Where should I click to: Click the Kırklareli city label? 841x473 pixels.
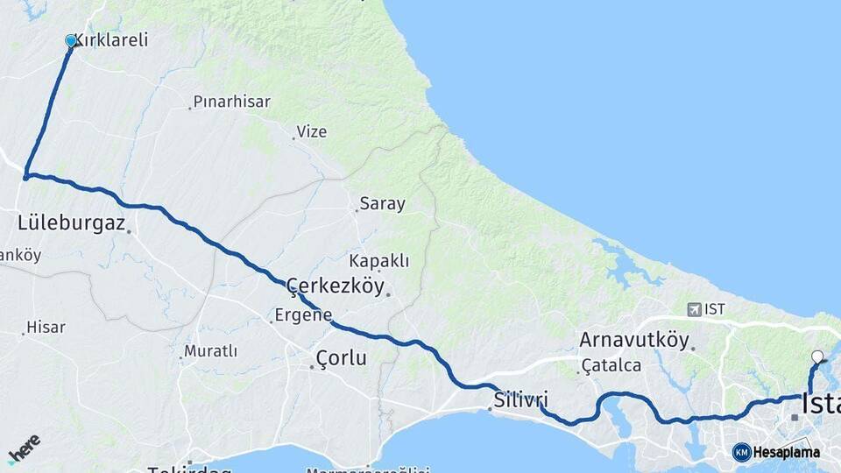coord(111,40)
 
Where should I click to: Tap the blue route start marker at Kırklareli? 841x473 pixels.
coord(71,40)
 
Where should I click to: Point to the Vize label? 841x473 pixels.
coord(312,131)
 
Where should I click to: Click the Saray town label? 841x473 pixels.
coord(382,204)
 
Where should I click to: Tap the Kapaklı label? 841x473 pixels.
coord(378,261)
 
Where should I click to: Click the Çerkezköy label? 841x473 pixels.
coord(338,286)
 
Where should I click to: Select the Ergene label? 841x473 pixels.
coord(303,315)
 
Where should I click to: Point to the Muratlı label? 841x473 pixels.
coord(210,351)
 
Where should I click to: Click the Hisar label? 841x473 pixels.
coord(46,328)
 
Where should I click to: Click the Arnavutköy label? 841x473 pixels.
coord(634,340)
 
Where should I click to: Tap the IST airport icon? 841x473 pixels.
coord(696,309)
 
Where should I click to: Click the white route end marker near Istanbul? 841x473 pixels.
coord(817,357)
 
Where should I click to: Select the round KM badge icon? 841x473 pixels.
coord(741,452)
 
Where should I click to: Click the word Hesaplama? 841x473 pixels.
coord(787,452)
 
